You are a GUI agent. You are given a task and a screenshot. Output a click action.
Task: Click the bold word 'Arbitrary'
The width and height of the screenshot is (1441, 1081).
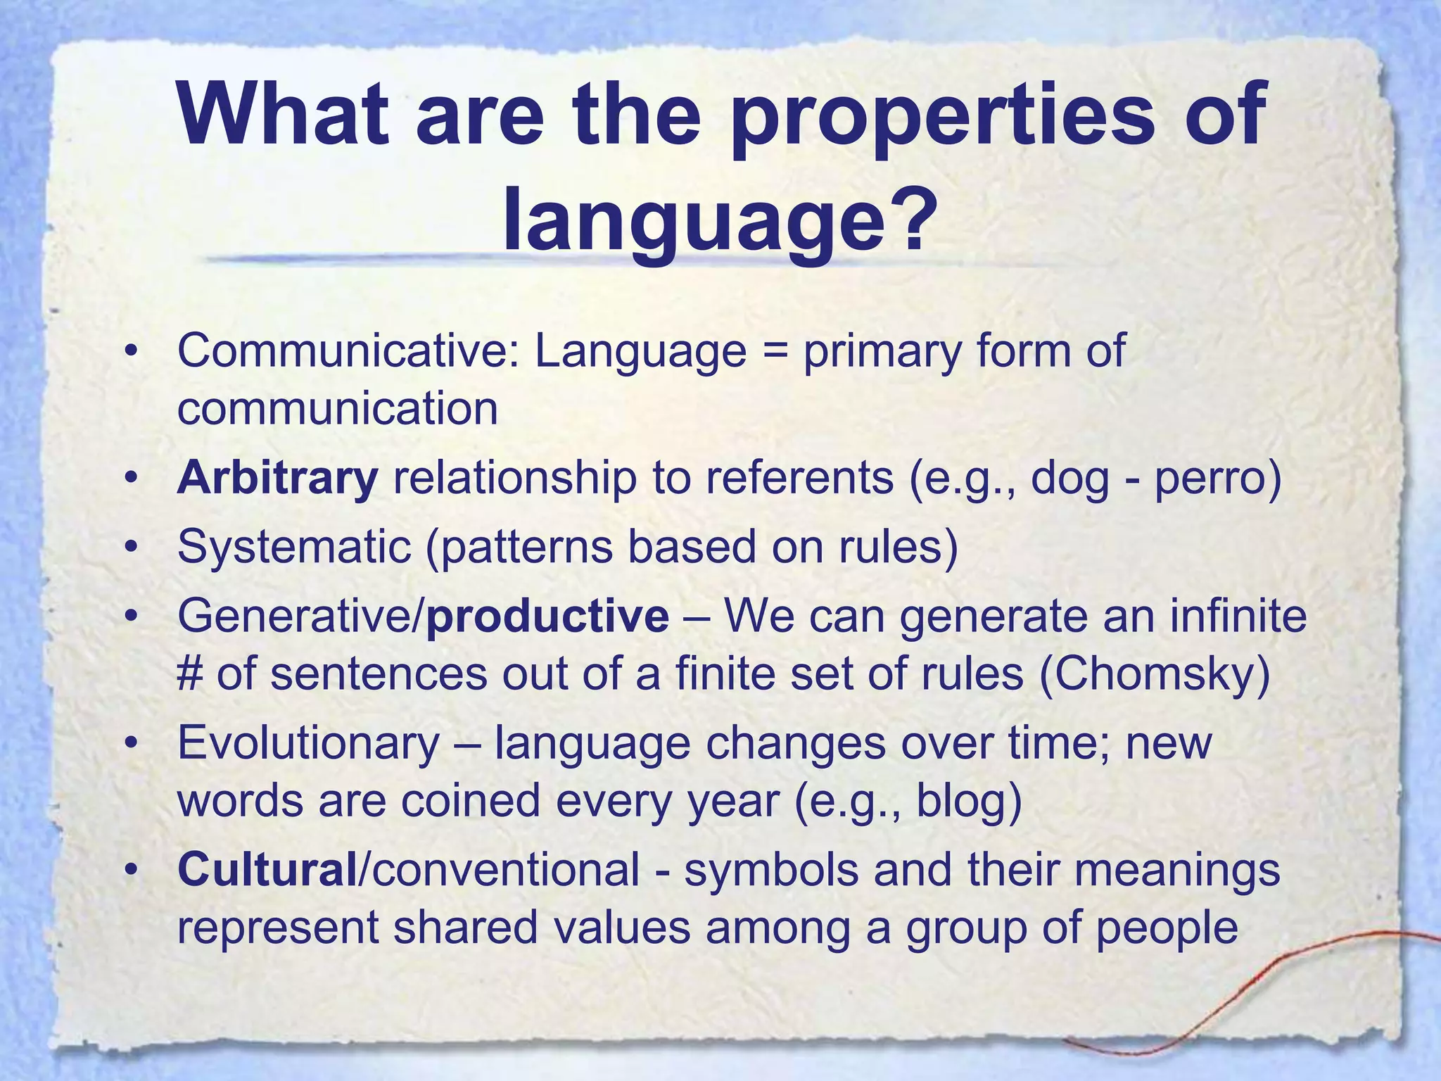click(277, 479)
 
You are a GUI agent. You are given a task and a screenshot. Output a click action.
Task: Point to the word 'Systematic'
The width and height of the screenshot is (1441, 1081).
click(294, 547)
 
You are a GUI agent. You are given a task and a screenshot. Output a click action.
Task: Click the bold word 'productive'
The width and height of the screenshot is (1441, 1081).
click(547, 617)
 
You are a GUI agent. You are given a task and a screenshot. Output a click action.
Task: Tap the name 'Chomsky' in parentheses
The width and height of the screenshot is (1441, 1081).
click(1155, 675)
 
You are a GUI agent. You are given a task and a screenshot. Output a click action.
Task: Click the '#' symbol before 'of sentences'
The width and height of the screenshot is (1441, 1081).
click(189, 675)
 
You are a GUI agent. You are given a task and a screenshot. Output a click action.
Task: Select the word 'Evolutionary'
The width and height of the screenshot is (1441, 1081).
click(308, 744)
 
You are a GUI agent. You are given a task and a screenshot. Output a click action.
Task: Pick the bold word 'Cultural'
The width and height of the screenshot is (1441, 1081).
click(267, 870)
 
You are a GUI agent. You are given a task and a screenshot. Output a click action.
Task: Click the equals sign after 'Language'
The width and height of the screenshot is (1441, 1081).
click(775, 352)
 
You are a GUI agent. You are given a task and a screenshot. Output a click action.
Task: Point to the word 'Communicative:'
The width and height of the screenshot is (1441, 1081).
click(348, 351)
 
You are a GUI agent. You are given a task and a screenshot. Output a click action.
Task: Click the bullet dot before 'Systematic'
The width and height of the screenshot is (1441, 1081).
click(129, 548)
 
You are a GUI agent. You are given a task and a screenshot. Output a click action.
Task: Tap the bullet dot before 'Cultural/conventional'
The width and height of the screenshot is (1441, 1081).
click(129, 871)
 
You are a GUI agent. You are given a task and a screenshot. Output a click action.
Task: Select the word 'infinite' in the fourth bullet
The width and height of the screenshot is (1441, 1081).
click(1238, 617)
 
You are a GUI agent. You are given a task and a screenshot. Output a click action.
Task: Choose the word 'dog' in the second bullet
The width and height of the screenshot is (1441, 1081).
click(1069, 481)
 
